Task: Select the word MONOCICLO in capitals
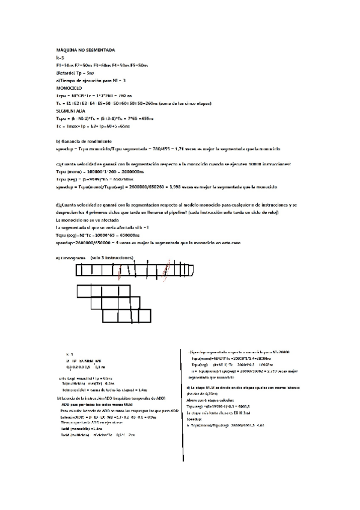[x=69, y=88]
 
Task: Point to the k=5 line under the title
[x=59, y=57]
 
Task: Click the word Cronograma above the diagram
[x=72, y=257]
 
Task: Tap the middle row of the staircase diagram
[x=132, y=303]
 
